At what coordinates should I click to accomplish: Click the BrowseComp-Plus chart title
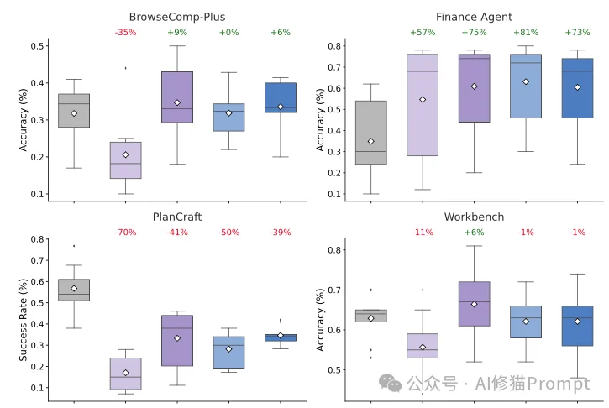coord(176,17)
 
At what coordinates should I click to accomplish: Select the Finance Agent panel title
coord(474,17)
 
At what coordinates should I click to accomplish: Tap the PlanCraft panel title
coord(176,217)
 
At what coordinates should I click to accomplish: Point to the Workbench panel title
coord(474,217)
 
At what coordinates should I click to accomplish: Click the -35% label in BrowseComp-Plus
coord(125,33)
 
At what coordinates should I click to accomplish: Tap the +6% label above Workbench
coord(474,232)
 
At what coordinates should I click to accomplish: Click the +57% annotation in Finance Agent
coord(422,33)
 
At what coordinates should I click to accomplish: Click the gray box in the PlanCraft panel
coord(74,290)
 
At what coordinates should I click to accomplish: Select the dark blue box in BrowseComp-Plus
coord(280,97)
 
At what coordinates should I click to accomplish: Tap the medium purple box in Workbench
coord(474,304)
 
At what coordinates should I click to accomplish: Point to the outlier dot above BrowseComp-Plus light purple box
coord(125,68)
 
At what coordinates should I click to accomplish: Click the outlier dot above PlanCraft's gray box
coord(74,246)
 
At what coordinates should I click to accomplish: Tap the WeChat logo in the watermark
coord(390,383)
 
